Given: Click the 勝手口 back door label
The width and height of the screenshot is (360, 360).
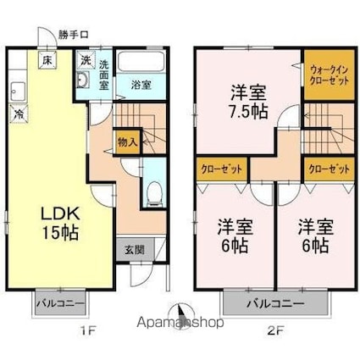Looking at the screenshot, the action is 74,35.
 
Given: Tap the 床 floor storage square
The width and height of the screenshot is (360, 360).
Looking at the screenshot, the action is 47,60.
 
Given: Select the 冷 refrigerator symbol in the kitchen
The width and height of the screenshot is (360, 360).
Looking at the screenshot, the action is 19,114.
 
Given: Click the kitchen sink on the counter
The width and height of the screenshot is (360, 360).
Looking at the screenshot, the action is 18,91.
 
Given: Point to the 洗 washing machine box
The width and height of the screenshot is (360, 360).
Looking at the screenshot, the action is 85,60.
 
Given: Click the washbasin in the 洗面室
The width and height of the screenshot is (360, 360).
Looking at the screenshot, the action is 83,80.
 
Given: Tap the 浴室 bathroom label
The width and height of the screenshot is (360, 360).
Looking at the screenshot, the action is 141,85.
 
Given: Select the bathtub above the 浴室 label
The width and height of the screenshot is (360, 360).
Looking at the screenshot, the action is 141,62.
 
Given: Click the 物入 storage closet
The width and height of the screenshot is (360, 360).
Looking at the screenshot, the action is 127,141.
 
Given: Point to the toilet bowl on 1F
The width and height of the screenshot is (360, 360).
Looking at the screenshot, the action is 154,192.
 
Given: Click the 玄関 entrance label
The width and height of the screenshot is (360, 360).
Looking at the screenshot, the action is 135,250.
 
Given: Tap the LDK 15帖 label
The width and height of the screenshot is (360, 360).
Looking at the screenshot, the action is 60,223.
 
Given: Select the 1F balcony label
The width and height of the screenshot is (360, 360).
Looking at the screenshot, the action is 60,304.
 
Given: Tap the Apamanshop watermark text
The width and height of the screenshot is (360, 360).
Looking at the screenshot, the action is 180,323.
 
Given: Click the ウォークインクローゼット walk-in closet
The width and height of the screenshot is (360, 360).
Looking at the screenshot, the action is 330,75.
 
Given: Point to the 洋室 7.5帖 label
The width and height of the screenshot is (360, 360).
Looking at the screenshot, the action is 248,102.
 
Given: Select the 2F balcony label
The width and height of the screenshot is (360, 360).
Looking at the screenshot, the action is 276,304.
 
